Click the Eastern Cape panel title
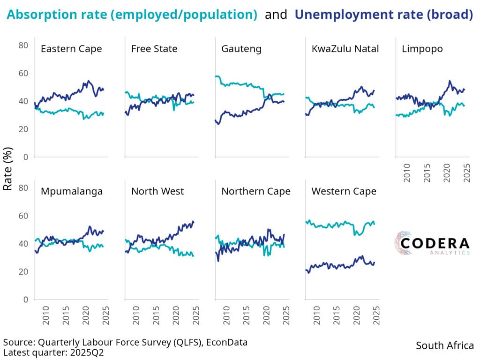coord(71,49)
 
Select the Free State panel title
coord(154,49)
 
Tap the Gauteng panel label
coord(241,49)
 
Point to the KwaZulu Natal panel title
coord(345,49)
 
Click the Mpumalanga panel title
coord(72,191)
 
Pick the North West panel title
coord(157,191)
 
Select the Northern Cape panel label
coord(256,191)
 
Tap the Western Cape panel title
coord(344,191)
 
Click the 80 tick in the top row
coord(23,45)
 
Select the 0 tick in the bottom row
coord(26,300)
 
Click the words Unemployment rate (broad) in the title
coord(383,15)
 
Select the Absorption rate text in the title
coord(52,15)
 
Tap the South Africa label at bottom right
coord(445,346)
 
